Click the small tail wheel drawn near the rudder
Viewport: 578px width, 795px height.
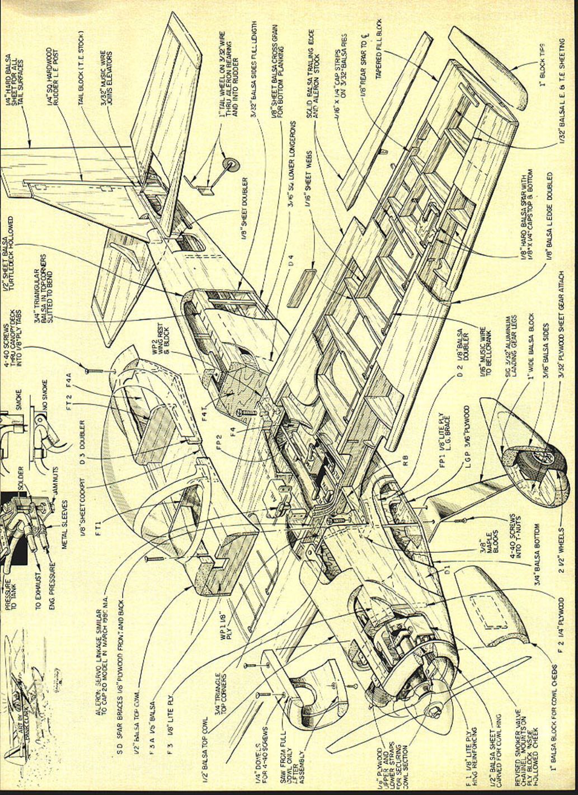(x=230, y=163)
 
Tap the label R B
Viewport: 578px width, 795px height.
(x=406, y=461)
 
